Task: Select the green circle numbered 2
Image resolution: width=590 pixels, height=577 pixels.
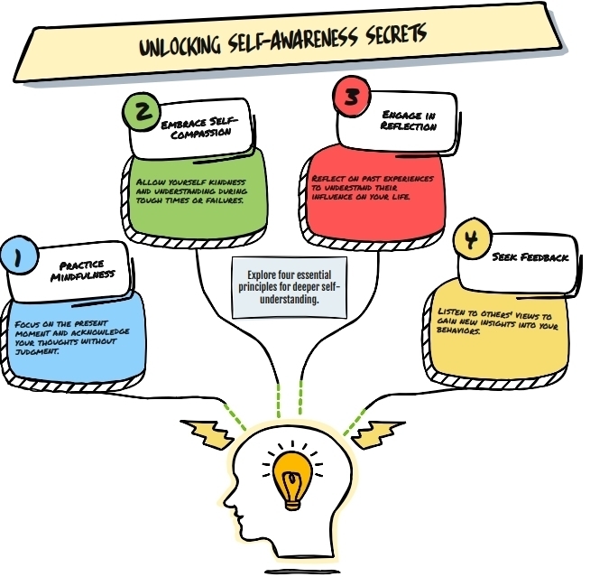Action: (x=143, y=112)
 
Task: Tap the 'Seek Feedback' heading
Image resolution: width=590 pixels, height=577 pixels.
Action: (x=530, y=257)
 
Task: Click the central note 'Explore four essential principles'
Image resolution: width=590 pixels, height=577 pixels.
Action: (x=290, y=287)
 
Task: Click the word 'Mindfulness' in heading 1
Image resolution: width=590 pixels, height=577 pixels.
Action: (x=83, y=276)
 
